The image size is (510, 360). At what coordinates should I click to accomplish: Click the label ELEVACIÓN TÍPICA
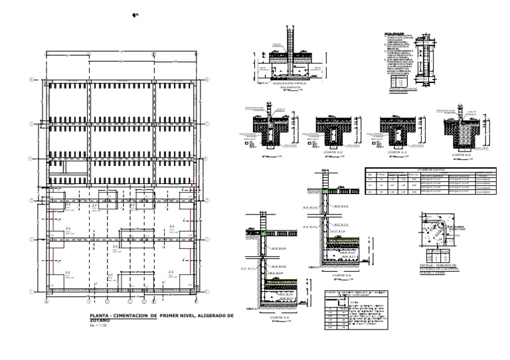[289, 84]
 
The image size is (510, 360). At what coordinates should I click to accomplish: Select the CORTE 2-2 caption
[331, 152]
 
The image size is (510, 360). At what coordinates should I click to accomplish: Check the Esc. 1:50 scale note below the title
[98, 325]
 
